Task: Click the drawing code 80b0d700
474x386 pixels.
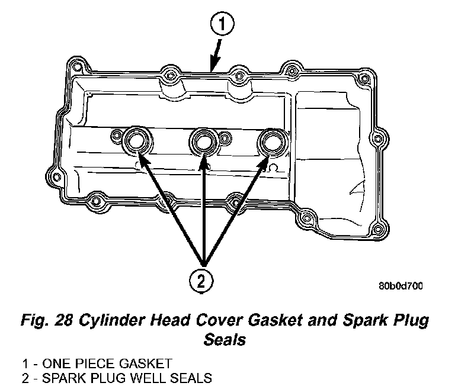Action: click(x=401, y=287)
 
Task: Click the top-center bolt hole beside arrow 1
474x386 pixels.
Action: click(x=237, y=76)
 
